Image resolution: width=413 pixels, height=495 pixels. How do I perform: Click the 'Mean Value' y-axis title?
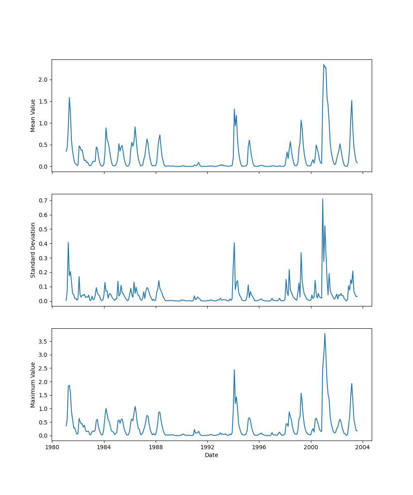(33, 115)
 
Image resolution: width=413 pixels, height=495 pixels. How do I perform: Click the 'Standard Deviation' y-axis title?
(33, 250)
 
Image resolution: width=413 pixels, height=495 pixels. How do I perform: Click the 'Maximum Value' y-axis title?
(33, 384)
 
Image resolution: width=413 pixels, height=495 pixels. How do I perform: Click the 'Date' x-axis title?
(211, 455)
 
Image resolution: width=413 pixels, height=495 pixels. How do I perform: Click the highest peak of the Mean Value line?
(324, 64)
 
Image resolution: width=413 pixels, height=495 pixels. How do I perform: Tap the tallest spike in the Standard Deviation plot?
(323, 199)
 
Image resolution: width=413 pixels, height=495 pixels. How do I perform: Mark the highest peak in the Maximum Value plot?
(325, 333)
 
